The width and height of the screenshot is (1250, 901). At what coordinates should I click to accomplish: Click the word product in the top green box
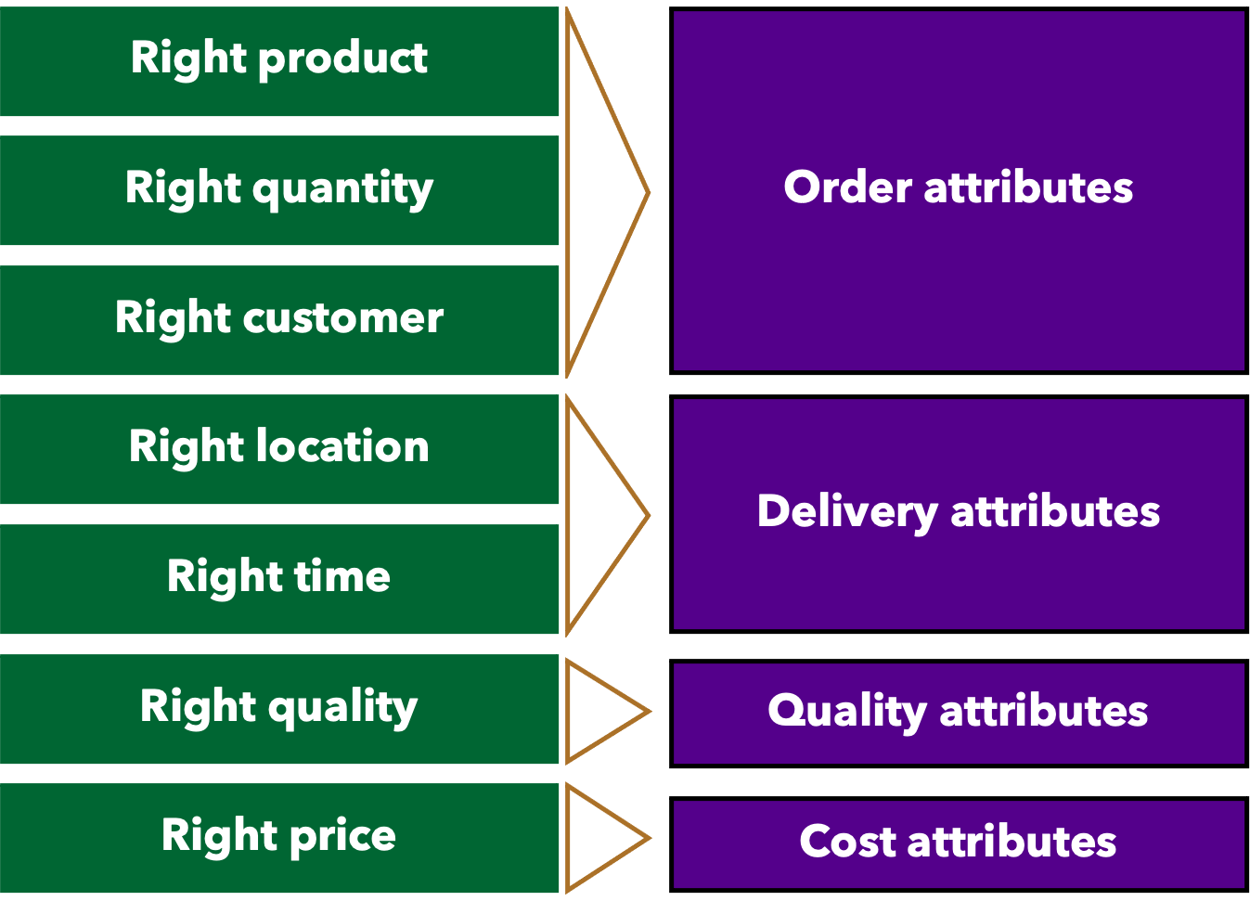pyautogui.click(x=343, y=59)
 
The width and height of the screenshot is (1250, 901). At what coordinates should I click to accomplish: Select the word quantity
pyautogui.click(x=342, y=189)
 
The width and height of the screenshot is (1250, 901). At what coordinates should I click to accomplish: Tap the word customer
pyautogui.click(x=342, y=318)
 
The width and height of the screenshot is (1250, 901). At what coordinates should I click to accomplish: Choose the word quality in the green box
pyautogui.click(x=342, y=708)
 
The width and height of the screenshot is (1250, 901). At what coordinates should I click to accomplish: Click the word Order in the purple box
pyautogui.click(x=848, y=187)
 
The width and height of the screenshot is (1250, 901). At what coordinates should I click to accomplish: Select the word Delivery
pyautogui.click(x=847, y=512)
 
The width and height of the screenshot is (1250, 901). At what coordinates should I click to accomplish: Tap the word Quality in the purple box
pyautogui.click(x=846, y=712)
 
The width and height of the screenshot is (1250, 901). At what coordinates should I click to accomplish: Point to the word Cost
pyautogui.click(x=847, y=842)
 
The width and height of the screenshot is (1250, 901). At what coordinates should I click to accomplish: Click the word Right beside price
pyautogui.click(x=220, y=835)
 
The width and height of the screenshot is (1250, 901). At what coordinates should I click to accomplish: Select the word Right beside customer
pyautogui.click(x=173, y=318)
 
